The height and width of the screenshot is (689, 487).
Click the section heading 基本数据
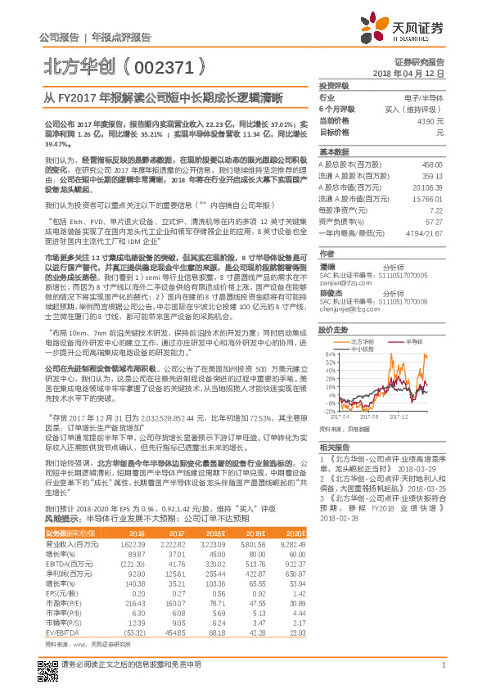click(334, 152)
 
